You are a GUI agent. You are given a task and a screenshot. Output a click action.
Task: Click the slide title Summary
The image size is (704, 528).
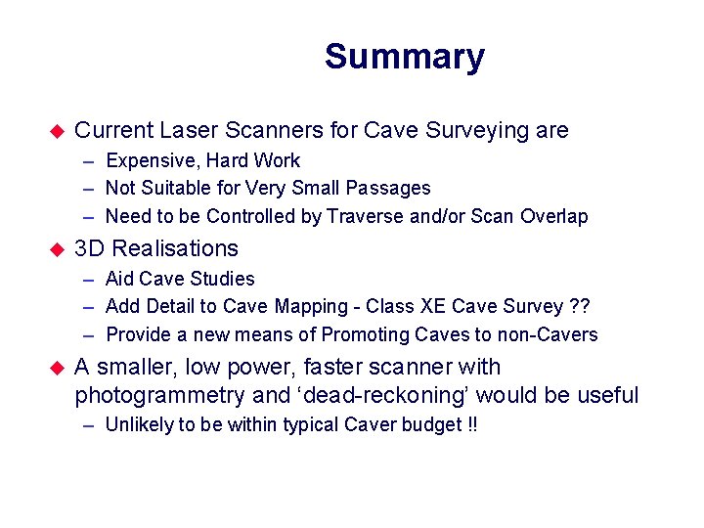404,57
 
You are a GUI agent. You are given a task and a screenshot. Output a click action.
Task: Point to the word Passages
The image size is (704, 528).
391,188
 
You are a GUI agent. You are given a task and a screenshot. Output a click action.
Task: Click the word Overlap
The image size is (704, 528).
554,216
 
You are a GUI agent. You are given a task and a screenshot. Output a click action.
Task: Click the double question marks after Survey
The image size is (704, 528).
580,306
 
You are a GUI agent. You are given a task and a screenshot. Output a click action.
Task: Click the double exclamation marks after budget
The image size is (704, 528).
472,425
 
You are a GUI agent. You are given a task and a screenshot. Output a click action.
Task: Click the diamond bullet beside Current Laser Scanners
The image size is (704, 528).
57,131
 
